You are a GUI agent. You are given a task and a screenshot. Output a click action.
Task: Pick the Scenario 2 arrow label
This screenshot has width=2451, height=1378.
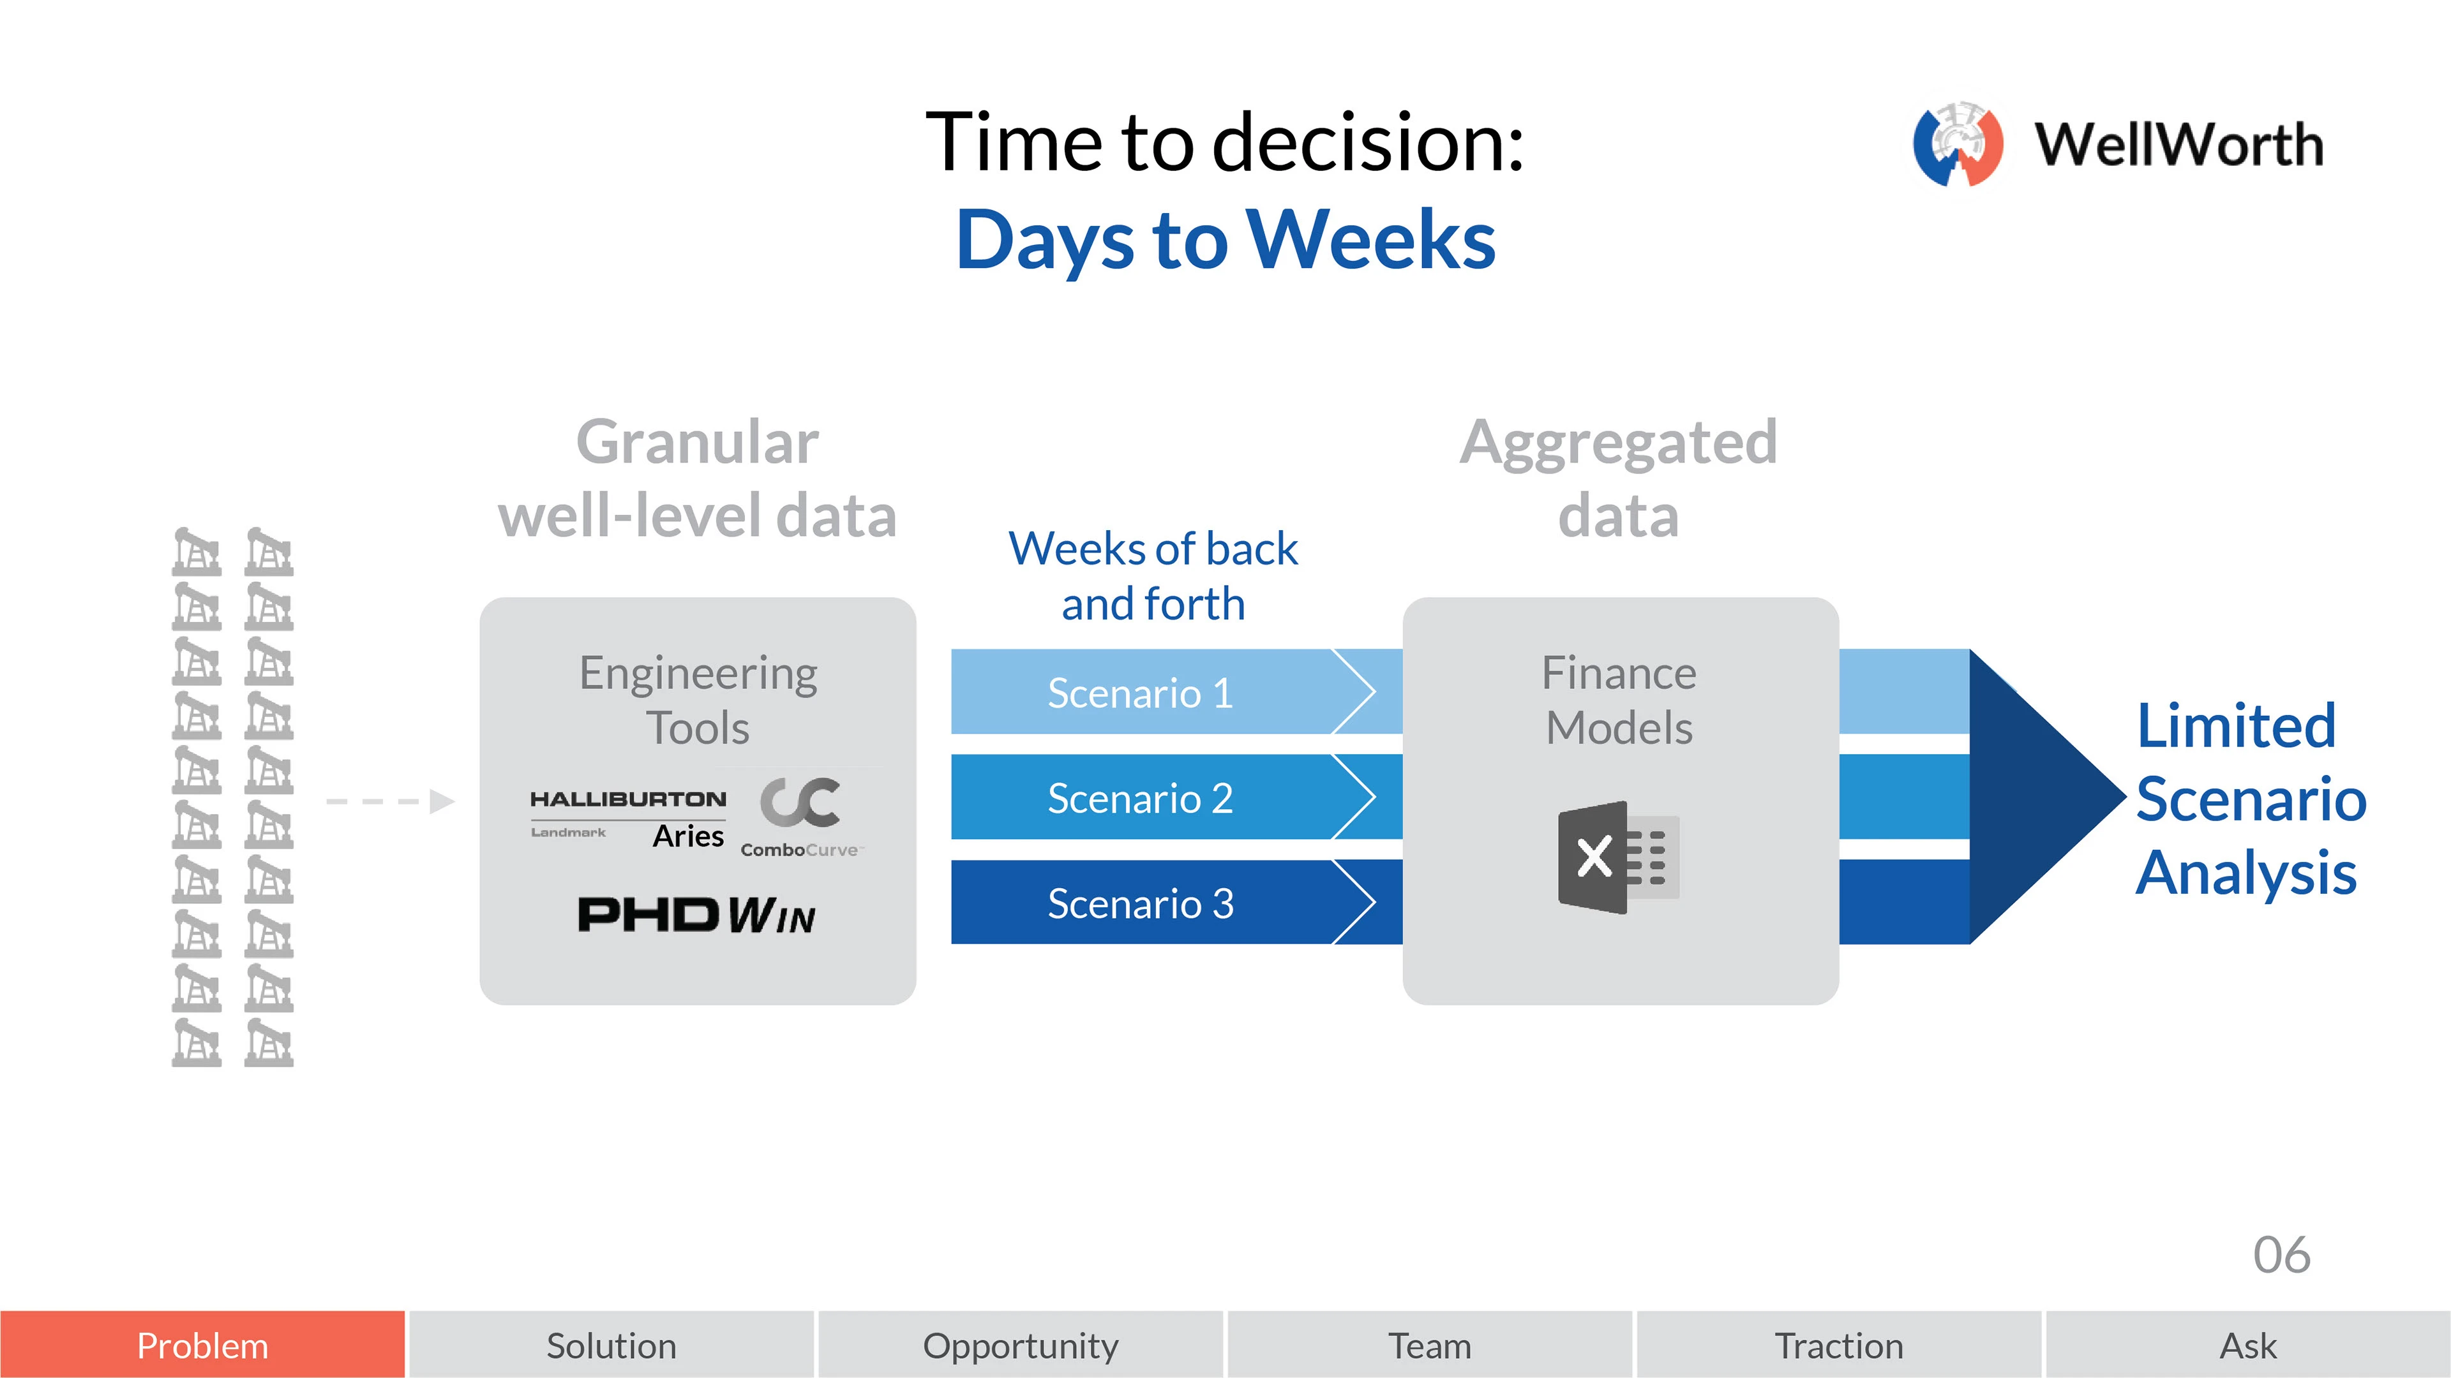(1140, 798)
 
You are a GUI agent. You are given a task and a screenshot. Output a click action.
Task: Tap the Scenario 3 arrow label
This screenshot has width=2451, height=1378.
(1140, 903)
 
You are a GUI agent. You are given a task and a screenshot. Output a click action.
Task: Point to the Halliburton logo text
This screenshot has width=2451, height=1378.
(628, 799)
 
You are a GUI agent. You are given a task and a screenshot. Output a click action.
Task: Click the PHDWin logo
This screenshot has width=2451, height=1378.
(696, 915)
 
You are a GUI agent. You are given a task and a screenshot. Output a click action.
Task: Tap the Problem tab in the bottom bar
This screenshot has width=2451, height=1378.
(203, 1345)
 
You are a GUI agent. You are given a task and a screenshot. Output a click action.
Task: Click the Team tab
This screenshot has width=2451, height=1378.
(1429, 1345)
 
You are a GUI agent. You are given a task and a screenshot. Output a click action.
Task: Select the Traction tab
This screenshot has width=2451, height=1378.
(1838, 1345)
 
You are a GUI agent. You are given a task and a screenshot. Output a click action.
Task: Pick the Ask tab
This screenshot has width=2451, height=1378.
(2248, 1345)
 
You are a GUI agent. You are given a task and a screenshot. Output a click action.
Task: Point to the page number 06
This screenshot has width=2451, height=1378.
(2282, 1256)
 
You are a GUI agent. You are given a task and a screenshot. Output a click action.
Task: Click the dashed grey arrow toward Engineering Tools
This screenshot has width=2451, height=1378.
(390, 802)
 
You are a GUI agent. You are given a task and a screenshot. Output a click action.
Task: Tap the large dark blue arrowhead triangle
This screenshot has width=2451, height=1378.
(2046, 797)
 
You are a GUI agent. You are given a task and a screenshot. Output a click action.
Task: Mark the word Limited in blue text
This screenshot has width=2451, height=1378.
(2236, 725)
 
